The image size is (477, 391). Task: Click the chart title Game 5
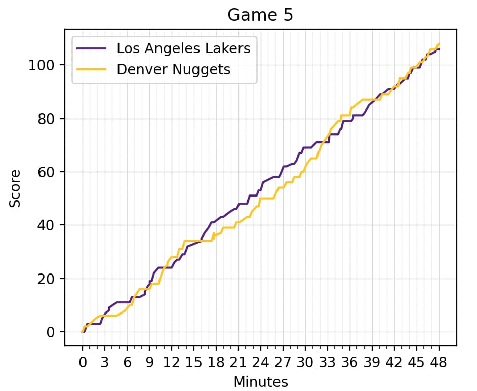point(260,15)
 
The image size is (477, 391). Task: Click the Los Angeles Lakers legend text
point(183,48)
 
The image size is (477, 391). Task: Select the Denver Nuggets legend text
point(174,69)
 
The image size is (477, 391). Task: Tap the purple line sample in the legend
point(92,48)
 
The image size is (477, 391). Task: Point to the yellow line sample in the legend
point(92,69)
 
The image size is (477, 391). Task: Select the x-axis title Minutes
point(260,381)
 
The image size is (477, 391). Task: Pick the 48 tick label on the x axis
point(439,363)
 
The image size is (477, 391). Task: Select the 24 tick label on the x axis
point(260,363)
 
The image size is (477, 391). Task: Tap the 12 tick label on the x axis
point(171,363)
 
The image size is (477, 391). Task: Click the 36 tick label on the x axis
point(349,363)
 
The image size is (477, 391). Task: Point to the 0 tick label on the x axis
point(83,363)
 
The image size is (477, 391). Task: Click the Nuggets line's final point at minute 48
point(439,44)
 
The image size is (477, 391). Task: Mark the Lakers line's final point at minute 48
point(439,49)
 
